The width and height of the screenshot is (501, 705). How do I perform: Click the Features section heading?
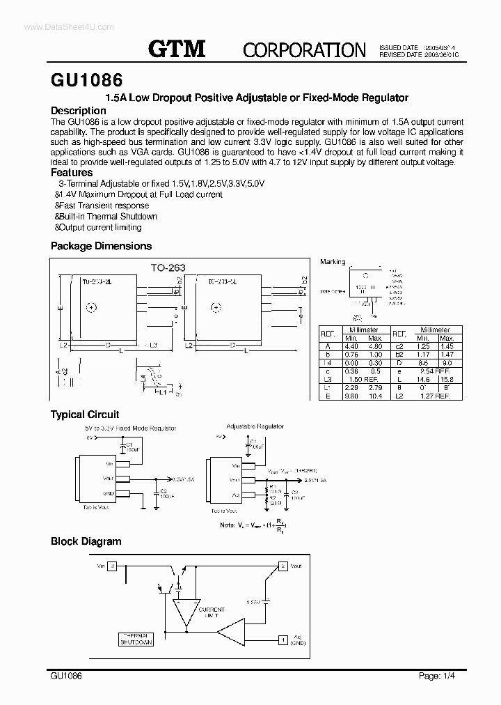(x=72, y=172)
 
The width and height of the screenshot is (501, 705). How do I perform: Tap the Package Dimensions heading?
(x=101, y=246)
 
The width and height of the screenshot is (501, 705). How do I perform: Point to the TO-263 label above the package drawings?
(x=168, y=267)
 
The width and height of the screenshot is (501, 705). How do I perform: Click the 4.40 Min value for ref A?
(x=351, y=346)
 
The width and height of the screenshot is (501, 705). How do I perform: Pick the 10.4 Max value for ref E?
(x=375, y=396)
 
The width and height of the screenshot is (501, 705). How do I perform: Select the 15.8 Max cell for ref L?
(x=447, y=379)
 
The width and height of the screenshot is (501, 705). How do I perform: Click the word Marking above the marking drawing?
(x=333, y=262)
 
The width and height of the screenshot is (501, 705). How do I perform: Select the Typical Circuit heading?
(x=84, y=415)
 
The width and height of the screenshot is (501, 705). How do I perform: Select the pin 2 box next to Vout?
(x=283, y=566)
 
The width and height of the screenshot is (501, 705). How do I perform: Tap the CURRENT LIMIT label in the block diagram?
(x=206, y=613)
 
